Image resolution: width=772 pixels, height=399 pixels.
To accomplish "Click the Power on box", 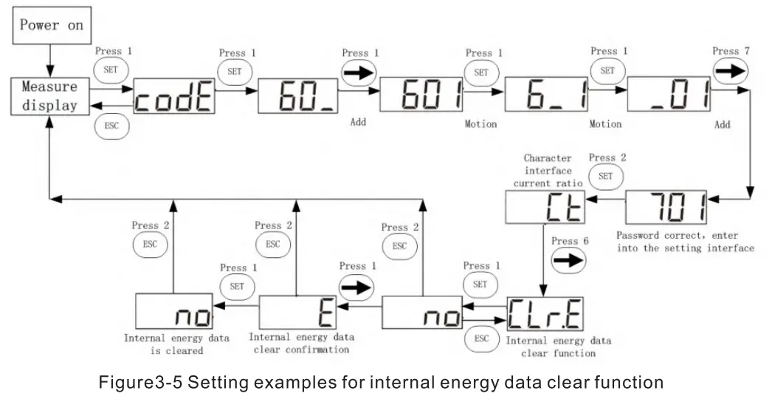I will click(x=51, y=24).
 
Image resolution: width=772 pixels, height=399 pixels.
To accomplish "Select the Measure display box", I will click(x=49, y=96).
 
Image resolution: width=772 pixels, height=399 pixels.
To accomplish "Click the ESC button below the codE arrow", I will click(x=111, y=126).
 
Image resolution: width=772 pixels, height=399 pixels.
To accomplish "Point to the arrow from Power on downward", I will click(x=49, y=58).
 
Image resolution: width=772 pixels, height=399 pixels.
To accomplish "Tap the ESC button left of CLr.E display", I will click(x=481, y=339).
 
